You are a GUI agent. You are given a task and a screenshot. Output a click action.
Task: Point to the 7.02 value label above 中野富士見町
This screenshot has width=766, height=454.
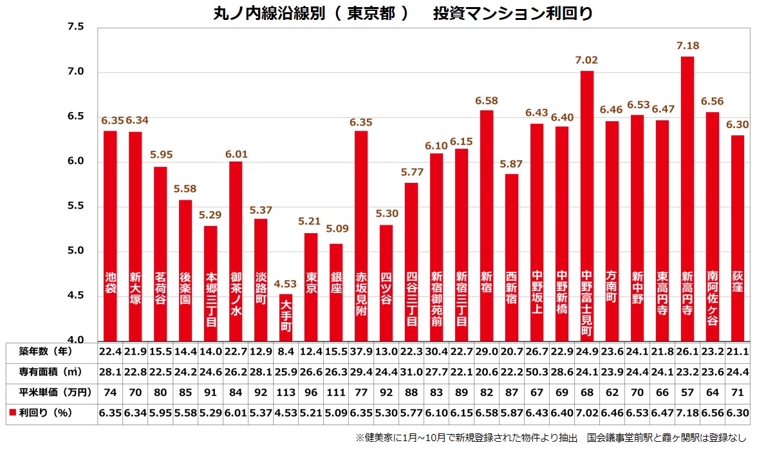pyautogui.click(x=586, y=61)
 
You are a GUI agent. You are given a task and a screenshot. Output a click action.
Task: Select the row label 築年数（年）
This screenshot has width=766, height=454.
pyautogui.click(x=46, y=352)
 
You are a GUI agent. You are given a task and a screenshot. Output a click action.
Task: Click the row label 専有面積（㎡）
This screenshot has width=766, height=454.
pyautogui.click(x=46, y=372)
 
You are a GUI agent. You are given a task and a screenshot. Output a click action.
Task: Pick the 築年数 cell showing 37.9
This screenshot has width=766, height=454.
pyautogui.click(x=361, y=352)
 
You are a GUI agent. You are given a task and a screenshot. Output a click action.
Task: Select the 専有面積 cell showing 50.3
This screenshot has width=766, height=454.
pyautogui.click(x=536, y=372)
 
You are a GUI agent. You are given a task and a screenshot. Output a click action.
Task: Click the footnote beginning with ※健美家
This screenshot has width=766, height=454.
pyautogui.click(x=551, y=438)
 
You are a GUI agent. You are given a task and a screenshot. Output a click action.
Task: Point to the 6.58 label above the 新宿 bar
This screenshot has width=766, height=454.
pyautogui.click(x=487, y=100)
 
